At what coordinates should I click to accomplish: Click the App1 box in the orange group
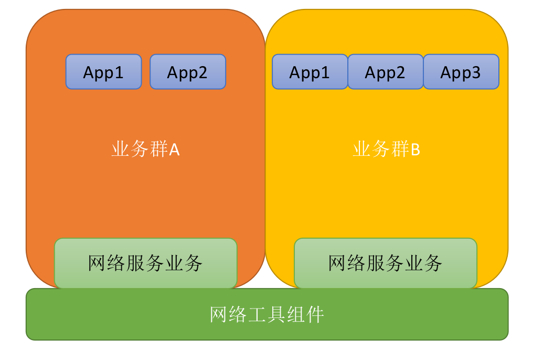[x=103, y=72]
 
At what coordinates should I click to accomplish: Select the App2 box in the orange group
[x=188, y=72]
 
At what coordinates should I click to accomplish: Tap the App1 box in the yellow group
[x=310, y=72]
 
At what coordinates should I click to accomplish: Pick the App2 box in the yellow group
[x=385, y=72]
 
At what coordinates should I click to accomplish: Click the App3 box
[x=461, y=72]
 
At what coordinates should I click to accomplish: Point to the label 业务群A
[x=145, y=150]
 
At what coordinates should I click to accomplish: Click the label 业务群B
[x=386, y=150]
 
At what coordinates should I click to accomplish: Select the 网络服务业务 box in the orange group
[x=145, y=263]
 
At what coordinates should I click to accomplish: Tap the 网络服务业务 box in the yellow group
[x=385, y=263]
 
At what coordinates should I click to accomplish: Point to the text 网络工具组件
[x=266, y=314]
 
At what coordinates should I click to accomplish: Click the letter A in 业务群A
[x=174, y=151]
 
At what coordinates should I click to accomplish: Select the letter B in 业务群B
[x=415, y=151]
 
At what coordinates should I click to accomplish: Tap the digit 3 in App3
[x=475, y=72]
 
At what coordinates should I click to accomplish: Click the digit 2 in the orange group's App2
[x=202, y=72]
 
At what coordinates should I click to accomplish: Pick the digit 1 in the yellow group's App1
[x=325, y=72]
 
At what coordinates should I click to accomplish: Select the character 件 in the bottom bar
[x=315, y=314]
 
